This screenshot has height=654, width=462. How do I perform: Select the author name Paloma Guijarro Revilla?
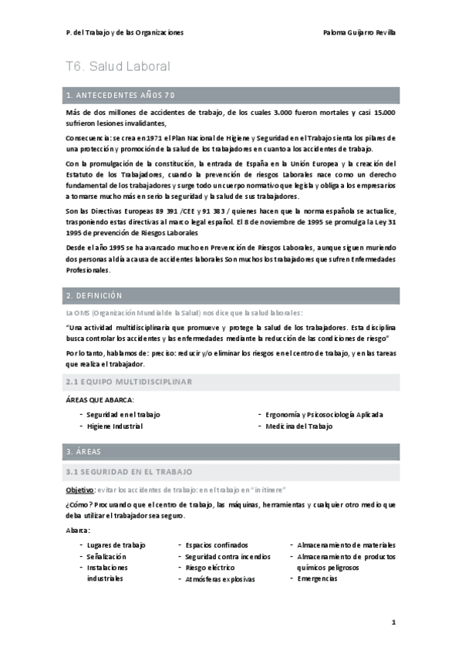pyautogui.click(x=360, y=32)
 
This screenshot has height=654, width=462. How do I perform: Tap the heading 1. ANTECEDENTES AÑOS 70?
pyautogui.click(x=121, y=95)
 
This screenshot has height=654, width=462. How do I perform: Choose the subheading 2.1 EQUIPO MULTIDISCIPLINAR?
pyautogui.click(x=129, y=381)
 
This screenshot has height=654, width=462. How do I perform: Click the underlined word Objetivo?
pyautogui.click(x=80, y=490)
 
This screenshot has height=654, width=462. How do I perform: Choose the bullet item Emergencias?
pyautogui.click(x=317, y=578)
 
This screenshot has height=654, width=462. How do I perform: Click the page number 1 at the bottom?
pyautogui.click(x=393, y=622)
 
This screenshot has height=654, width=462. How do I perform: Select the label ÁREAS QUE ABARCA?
pyautogui.click(x=100, y=399)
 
